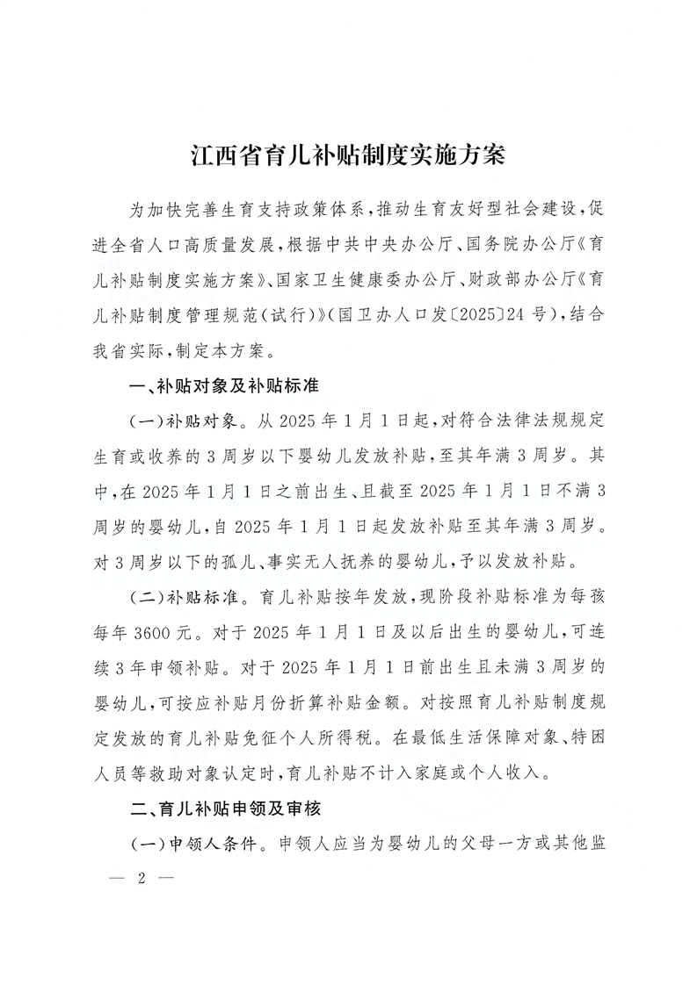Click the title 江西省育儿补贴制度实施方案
(x=348, y=159)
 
